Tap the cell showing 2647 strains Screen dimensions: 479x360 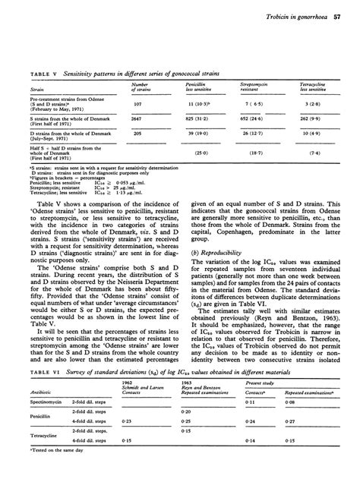(x=137, y=119)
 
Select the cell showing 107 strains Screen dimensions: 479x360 (x=137, y=104)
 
